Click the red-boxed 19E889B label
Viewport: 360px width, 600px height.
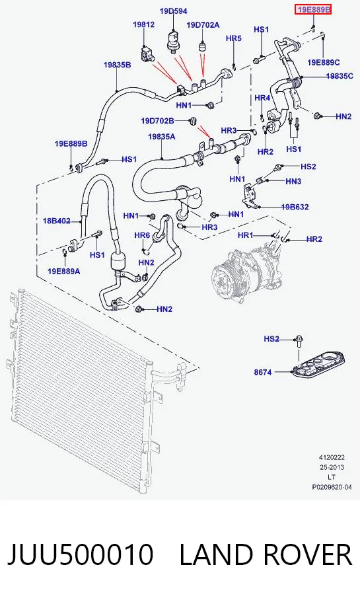(x=312, y=9)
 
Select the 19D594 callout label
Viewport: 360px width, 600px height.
(x=173, y=11)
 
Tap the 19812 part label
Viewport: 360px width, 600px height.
(x=144, y=24)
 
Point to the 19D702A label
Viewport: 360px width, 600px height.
(x=203, y=25)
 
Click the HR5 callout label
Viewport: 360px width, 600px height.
(x=234, y=38)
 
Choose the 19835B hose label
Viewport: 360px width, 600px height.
(x=117, y=65)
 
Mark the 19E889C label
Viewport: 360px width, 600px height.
(x=324, y=62)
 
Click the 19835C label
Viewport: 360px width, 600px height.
(x=340, y=76)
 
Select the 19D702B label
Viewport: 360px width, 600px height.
(x=157, y=121)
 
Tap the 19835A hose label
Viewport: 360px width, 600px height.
(x=162, y=136)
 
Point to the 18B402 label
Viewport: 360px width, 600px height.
(x=57, y=221)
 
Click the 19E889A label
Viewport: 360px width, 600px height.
(x=64, y=272)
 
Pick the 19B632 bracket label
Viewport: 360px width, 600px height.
(x=295, y=207)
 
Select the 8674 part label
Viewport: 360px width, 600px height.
(x=263, y=372)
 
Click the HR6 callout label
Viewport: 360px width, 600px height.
(x=142, y=235)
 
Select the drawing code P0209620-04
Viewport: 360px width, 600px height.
(x=332, y=487)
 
